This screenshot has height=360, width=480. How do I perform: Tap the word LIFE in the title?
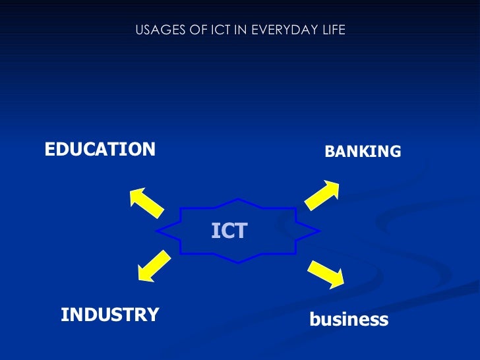point(334,30)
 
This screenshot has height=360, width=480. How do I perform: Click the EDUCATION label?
point(100,149)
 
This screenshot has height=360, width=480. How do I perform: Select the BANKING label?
point(363,152)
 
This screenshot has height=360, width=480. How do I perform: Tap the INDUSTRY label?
point(109,315)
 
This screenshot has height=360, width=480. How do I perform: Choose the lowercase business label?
point(349,320)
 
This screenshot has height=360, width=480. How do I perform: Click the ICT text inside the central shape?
point(229,231)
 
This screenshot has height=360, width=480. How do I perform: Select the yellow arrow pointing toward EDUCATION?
point(146,202)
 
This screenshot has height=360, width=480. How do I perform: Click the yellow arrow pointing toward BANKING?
point(322,196)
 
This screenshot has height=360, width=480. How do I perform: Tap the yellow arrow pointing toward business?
point(326,274)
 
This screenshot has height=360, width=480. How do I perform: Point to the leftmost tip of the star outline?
point(157,231)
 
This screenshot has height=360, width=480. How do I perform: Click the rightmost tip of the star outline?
point(320,231)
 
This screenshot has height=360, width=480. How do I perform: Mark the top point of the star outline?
point(238,198)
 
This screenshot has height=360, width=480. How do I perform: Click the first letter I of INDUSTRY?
point(64,315)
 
